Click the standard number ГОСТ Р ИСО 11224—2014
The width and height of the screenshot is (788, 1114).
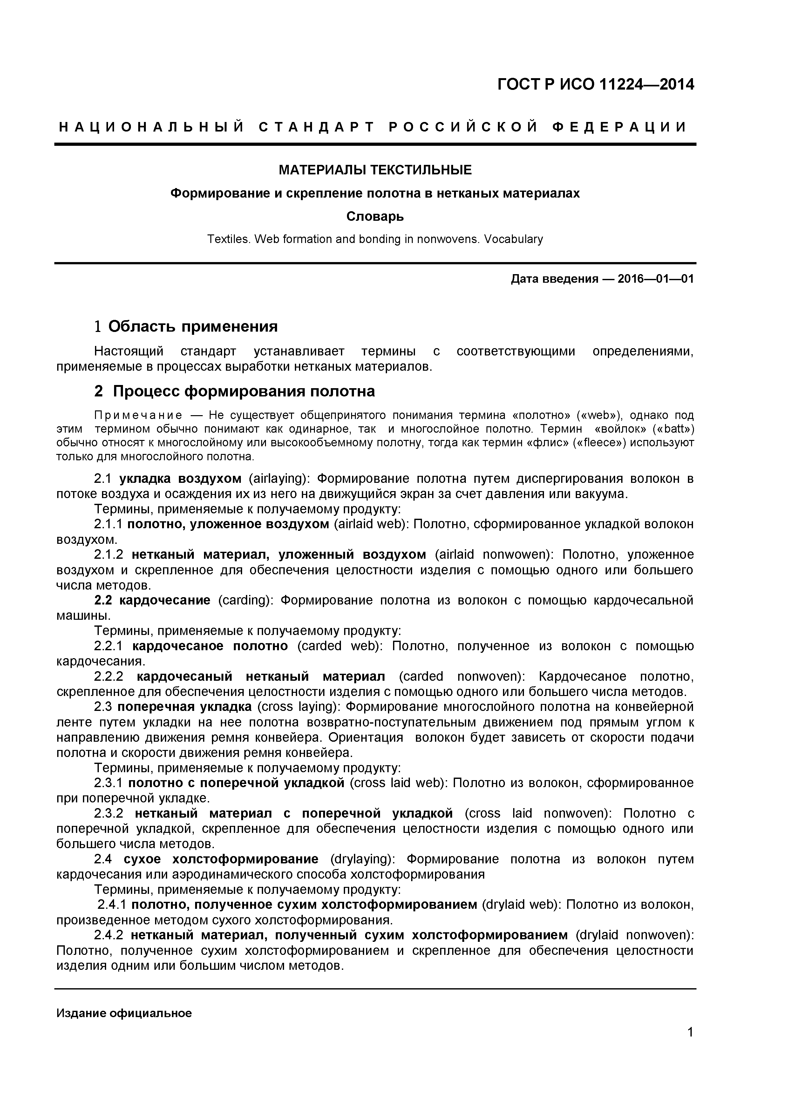pos(595,84)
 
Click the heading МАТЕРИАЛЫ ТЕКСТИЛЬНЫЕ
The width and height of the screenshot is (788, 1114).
pos(375,170)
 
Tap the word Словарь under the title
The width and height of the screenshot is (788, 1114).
pos(375,216)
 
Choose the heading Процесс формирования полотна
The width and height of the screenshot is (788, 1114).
pos(244,391)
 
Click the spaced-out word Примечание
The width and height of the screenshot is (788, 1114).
pos(138,415)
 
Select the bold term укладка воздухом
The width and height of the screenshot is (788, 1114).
pos(180,479)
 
